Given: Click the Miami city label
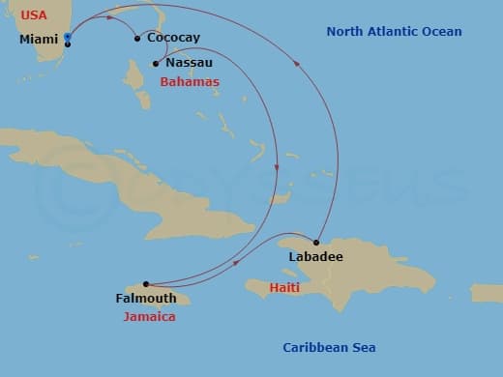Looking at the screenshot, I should pos(39,40).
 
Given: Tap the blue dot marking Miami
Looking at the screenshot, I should pos(67,37).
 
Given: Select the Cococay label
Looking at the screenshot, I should pos(175,38).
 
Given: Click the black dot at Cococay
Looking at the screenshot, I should pos(136,39).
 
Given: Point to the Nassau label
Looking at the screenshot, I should pos(189,63).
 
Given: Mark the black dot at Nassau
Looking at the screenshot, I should pos(155,64).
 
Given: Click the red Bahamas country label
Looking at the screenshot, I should pos(189,82).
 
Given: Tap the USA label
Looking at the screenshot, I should pos(34,14).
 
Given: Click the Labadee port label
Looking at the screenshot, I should pos(315,257).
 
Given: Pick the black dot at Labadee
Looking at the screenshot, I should pos(316,242).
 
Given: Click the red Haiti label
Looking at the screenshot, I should pos(284,288).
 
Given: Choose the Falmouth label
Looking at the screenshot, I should pos(145,299).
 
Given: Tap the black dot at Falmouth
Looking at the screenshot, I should pos(146,284).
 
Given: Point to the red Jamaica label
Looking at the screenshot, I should pos(149,316).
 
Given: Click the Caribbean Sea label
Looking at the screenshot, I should pos(329,348).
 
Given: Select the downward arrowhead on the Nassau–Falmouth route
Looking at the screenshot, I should pos(278,168).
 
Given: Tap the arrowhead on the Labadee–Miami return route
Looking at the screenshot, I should pos(296,66).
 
